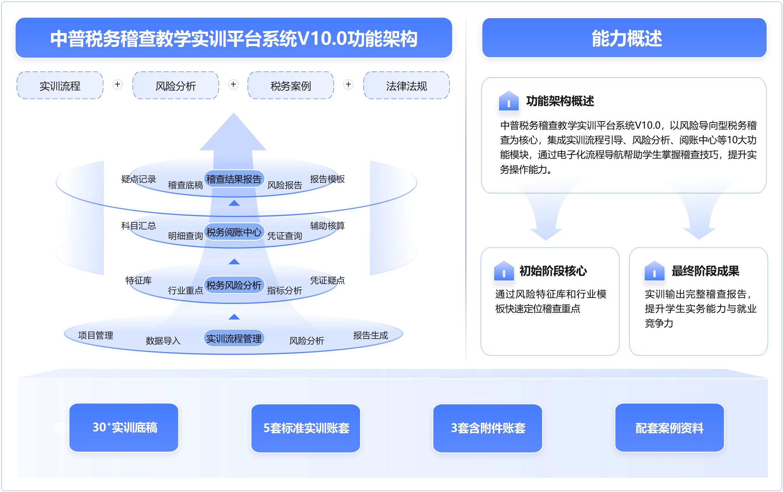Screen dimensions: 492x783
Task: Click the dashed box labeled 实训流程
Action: coord(60,85)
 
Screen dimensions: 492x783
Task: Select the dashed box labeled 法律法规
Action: coord(406,85)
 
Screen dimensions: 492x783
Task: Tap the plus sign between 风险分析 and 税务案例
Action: coord(233,84)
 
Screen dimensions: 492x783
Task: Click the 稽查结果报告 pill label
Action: coord(234,179)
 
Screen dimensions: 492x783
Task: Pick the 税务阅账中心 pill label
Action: coord(234,232)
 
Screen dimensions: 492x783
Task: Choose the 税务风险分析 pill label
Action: coord(234,285)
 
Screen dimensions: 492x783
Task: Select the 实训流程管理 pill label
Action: coord(234,338)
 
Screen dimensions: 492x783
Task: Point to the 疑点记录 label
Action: coord(139,179)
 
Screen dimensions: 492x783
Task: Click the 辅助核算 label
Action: coord(327,226)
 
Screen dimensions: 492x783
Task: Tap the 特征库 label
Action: coord(139,280)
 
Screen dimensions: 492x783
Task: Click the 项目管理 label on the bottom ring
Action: coord(96,335)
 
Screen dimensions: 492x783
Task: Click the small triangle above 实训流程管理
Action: coord(234,317)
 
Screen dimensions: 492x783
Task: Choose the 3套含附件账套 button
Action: coord(488,428)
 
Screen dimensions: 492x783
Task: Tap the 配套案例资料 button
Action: coord(670,428)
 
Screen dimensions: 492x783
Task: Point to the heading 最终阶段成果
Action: coord(705,271)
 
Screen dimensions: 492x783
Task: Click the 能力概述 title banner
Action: coord(624,38)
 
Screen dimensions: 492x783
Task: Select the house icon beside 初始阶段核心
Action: coord(504,271)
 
